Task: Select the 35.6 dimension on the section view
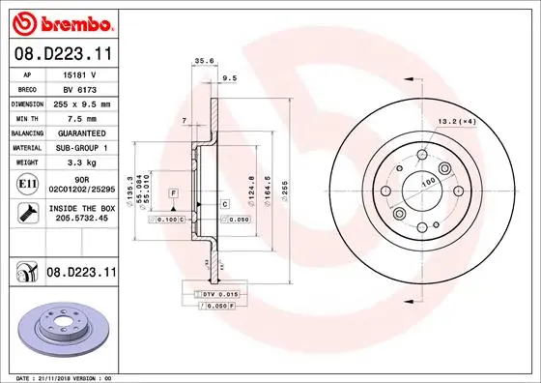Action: point(204,61)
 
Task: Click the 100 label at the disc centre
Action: point(427,180)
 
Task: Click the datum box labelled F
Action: point(173,194)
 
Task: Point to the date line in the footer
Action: point(63,376)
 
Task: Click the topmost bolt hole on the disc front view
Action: point(424,155)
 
